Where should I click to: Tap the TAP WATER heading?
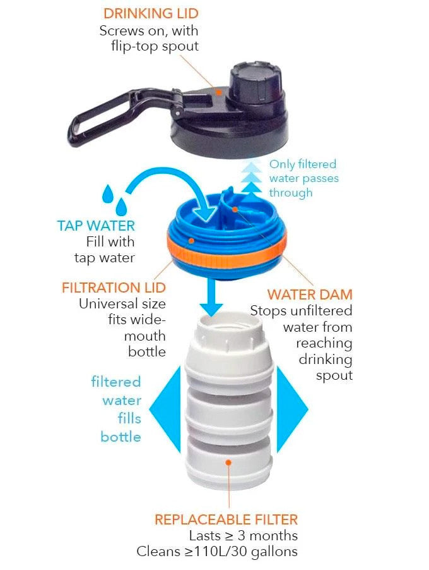pos(96,226)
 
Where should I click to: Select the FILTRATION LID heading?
pos(114,288)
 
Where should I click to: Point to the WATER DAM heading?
pos(309,294)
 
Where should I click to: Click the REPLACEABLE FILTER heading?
pos(226,519)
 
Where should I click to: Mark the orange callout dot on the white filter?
pos(228,463)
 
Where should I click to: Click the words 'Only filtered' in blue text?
pos(303,164)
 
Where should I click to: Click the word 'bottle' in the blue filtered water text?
pos(120,437)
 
